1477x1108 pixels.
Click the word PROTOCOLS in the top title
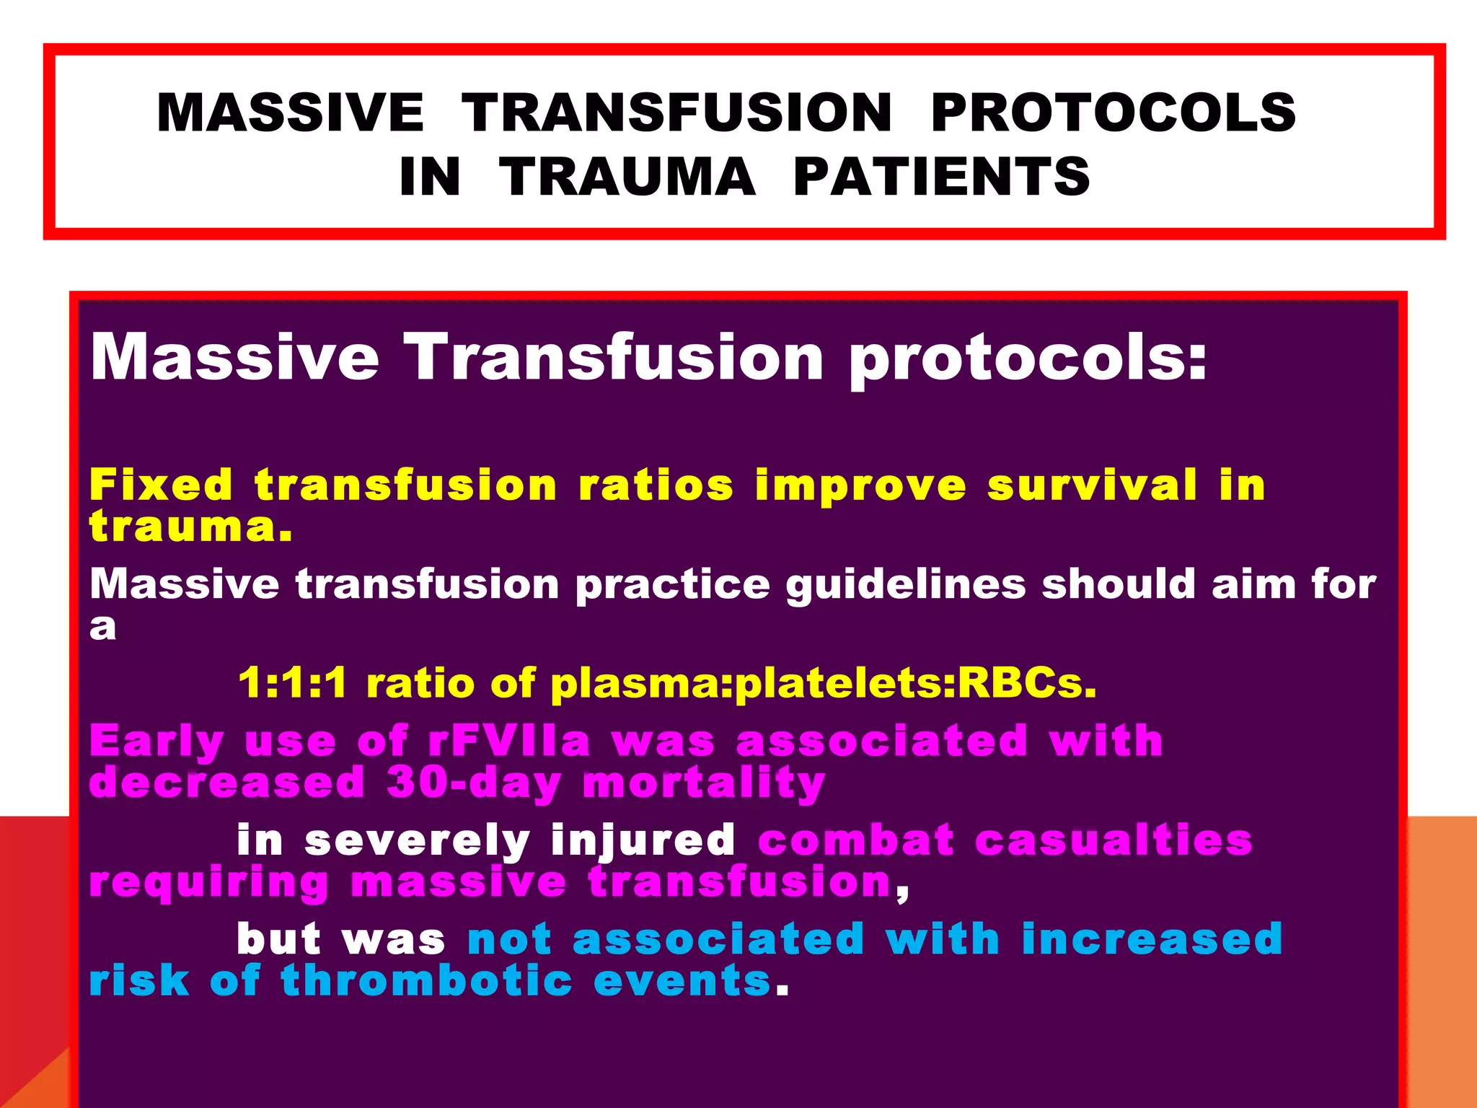(x=1114, y=113)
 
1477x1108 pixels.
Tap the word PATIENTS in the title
(x=941, y=177)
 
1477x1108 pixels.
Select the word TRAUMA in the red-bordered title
(x=627, y=177)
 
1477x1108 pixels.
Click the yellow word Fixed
(x=161, y=484)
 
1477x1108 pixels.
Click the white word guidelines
(x=905, y=584)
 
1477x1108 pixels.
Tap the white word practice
(x=672, y=584)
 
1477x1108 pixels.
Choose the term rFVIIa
(x=508, y=742)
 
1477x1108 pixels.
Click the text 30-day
(x=473, y=783)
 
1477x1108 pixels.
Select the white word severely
(x=417, y=841)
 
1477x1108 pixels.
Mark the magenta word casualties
(x=1114, y=841)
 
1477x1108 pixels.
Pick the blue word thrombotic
(x=427, y=981)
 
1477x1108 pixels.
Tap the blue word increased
(x=1152, y=939)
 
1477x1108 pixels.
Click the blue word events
(x=682, y=981)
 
